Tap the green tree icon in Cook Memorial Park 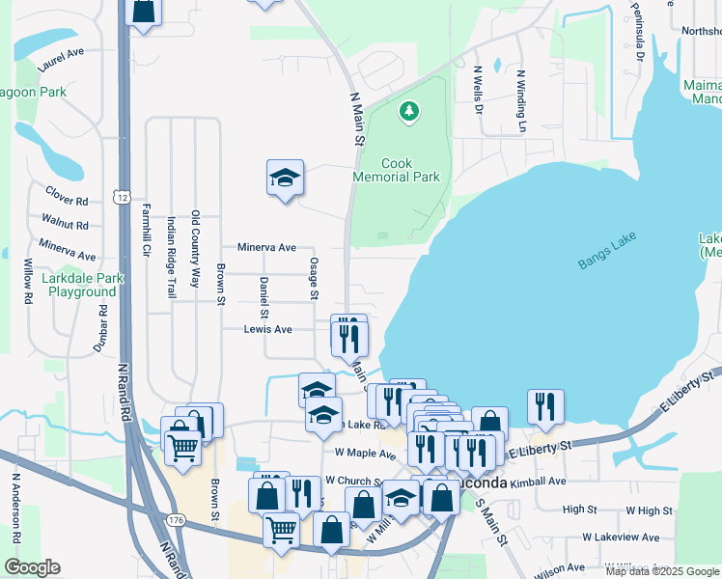(410, 112)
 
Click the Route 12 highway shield (121, 197)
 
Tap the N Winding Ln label (521, 100)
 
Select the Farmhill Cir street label (147, 236)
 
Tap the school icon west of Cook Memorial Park (285, 178)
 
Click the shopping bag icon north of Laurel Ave (143, 12)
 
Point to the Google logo (32, 567)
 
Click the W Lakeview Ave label (621, 538)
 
